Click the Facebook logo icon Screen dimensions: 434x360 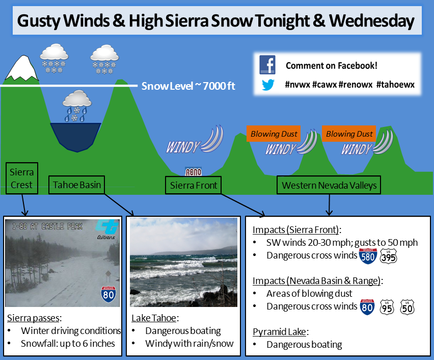[x=267, y=65]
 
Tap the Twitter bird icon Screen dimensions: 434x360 [x=268, y=85]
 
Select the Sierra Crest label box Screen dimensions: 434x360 [x=21, y=178]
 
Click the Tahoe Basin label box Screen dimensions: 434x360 [x=77, y=185]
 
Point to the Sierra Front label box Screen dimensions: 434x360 [x=193, y=185]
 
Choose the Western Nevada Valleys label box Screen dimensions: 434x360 [x=329, y=185]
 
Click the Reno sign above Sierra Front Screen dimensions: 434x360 [x=193, y=172]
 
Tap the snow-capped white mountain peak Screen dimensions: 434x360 [x=22, y=68]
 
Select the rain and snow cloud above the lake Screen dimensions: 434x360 [x=77, y=106]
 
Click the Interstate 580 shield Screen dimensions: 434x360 [x=368, y=256]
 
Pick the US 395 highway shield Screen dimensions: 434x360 [x=388, y=256]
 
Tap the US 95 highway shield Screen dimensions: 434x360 [x=387, y=307]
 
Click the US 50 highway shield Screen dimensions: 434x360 [x=407, y=307]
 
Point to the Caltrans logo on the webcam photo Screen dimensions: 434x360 [x=107, y=229]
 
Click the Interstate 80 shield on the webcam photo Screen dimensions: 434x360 [x=108, y=294]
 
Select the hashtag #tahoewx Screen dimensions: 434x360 [x=395, y=84]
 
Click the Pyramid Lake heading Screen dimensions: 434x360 [x=280, y=332]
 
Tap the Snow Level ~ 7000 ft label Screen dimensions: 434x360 [x=188, y=86]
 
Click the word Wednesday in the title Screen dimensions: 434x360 [x=371, y=21]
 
